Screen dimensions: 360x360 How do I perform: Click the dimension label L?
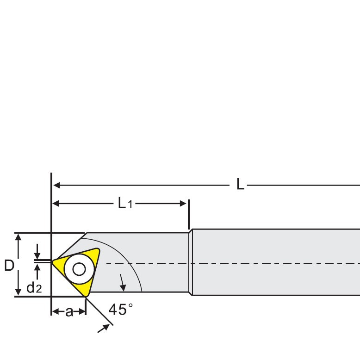tap(240, 185)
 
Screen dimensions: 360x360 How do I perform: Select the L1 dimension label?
tap(124, 203)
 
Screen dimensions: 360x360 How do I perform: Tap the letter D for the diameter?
tap(9, 266)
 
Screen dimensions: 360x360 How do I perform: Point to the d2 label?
tap(34, 288)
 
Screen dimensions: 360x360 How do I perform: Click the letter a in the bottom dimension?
tap(69, 312)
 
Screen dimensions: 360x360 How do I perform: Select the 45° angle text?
tap(120, 309)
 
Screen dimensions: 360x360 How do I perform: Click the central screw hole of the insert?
tap(78, 269)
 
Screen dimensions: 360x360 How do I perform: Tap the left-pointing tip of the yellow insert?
tap(54, 263)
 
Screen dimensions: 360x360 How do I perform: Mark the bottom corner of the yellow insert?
tap(87, 295)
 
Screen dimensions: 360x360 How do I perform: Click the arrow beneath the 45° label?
tap(107, 328)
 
